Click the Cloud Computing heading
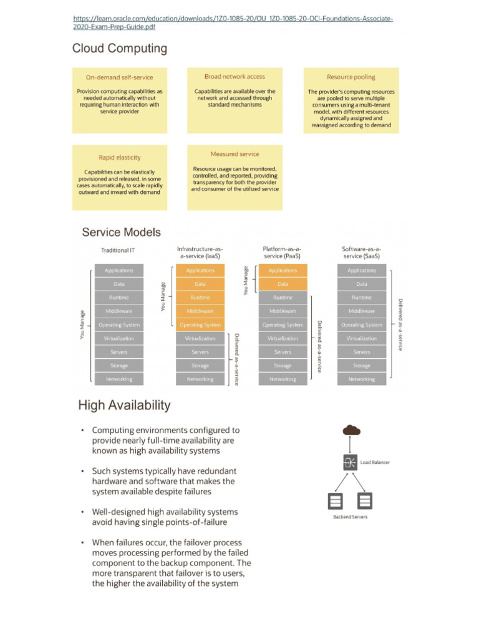120,48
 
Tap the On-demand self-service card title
119,77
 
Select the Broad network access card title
235,77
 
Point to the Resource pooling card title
351,77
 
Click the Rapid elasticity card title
120,158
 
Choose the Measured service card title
235,154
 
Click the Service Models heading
121,232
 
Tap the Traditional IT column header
118,251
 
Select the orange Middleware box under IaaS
200,311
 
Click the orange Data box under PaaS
283,284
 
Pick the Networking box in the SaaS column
362,379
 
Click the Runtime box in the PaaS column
283,298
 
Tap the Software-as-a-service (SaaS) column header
362,253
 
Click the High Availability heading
124,405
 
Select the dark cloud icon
351,429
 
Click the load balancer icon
351,462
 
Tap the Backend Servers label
351,517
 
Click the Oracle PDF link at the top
233,23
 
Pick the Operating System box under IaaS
200,324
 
